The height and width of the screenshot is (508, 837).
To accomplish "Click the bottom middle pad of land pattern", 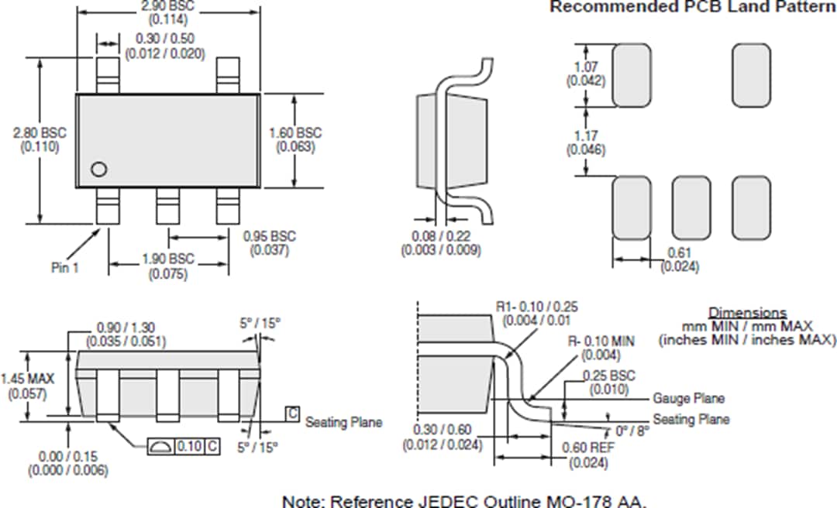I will pos(691,208).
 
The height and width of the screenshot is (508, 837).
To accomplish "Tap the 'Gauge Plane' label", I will pos(688,398).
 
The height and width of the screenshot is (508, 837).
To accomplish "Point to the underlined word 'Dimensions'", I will pos(748,313).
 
